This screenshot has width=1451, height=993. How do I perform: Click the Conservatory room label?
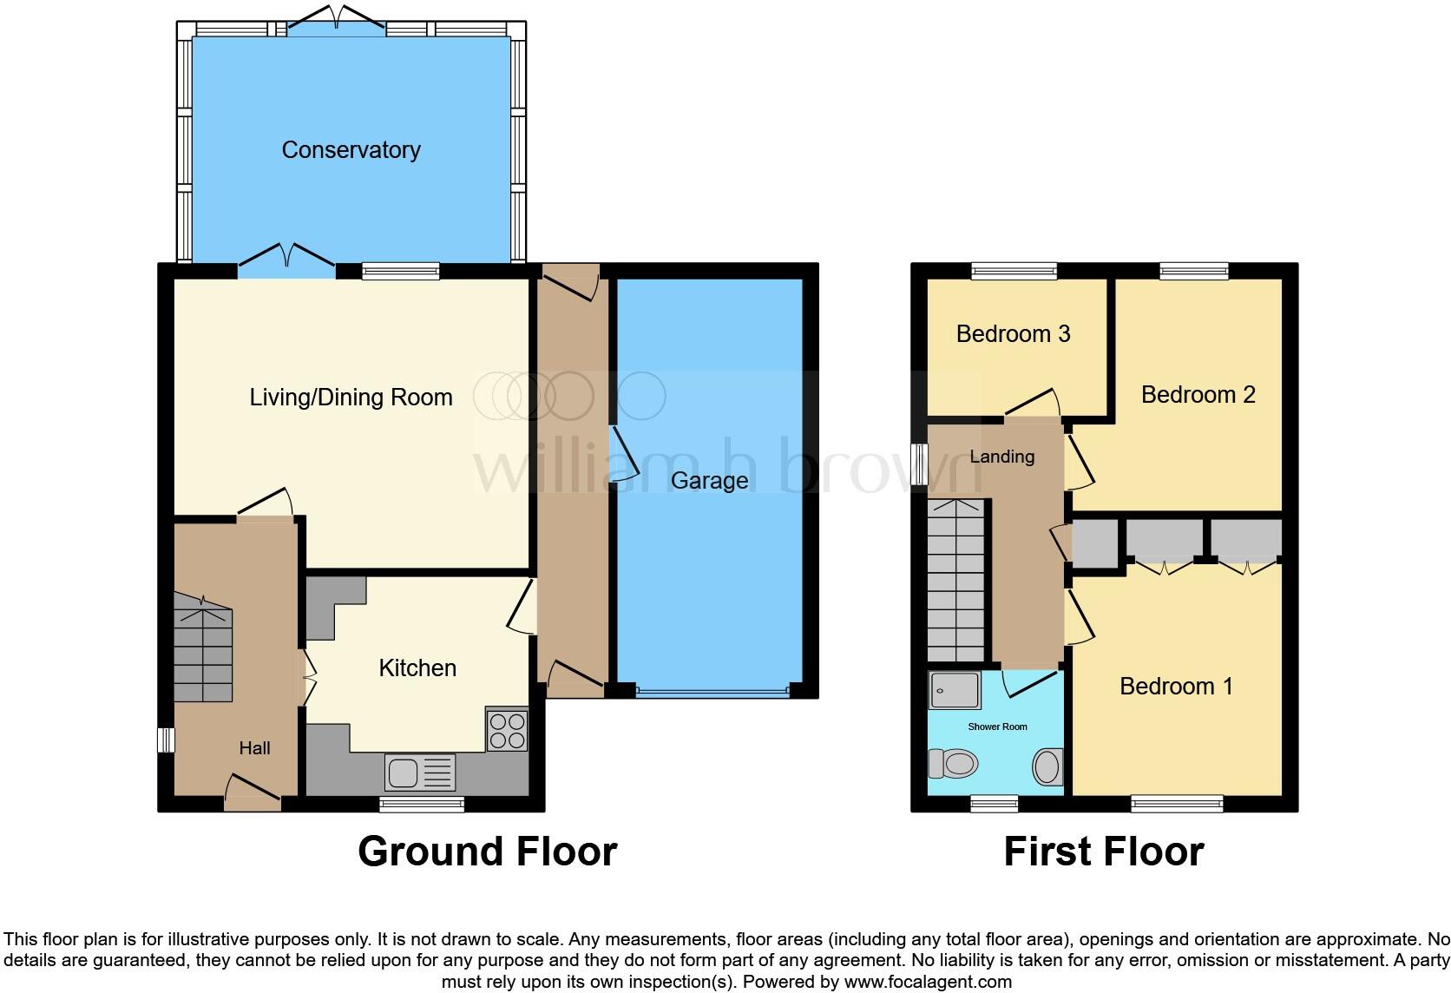[x=351, y=150]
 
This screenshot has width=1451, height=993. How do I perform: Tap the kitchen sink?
[x=421, y=772]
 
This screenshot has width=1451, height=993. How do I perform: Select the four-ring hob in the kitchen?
[x=507, y=730]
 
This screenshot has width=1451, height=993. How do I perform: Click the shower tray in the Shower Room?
[x=955, y=690]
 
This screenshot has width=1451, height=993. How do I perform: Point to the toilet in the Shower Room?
[x=953, y=764]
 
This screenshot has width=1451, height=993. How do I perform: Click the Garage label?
[x=709, y=481]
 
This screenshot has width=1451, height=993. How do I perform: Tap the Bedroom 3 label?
[x=1013, y=334]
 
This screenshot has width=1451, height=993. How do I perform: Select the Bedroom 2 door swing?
[x=1081, y=460]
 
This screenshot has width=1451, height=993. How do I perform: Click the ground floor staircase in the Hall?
[x=203, y=647]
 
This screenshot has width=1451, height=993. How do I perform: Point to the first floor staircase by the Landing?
[x=957, y=581]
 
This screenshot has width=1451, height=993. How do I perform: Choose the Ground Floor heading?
[x=487, y=852]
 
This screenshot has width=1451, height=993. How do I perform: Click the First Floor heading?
[x=1103, y=852]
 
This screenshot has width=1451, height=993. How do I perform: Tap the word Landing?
[x=1001, y=457]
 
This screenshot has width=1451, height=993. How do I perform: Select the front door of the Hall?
[x=253, y=789]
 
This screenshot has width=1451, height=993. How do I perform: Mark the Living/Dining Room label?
[x=351, y=398]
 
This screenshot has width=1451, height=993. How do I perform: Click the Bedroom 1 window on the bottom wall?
[x=1177, y=804]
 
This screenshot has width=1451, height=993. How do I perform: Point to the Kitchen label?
[x=417, y=667]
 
